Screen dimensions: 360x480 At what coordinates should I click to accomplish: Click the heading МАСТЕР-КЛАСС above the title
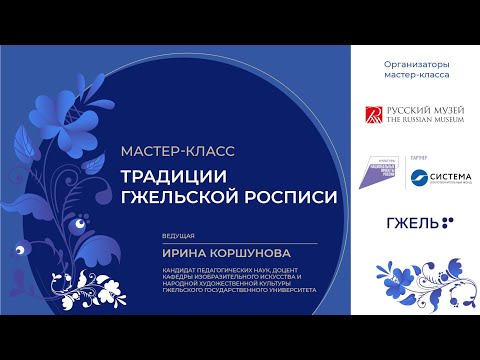coord(176,151)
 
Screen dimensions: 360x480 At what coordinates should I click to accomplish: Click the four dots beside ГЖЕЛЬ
coord(445,222)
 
